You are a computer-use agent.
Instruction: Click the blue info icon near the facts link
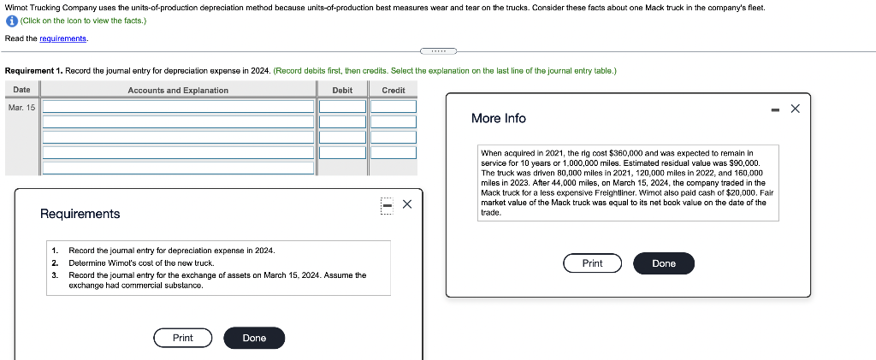11,21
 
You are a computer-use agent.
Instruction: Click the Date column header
21,90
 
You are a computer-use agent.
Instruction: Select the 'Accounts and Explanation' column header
178,90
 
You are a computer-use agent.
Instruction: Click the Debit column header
342,90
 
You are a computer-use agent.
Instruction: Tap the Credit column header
394,90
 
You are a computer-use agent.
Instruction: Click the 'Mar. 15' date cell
21,107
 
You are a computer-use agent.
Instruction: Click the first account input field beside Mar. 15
178,107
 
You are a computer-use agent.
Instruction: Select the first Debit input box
342,107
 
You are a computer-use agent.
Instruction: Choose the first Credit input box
394,107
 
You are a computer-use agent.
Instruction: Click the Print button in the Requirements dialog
183,338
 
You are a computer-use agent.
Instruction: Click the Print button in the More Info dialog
592,263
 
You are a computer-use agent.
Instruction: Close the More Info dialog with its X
795,109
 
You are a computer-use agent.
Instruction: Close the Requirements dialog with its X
407,204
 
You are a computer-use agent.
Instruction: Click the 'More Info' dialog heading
499,118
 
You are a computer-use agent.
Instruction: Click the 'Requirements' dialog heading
80,214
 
